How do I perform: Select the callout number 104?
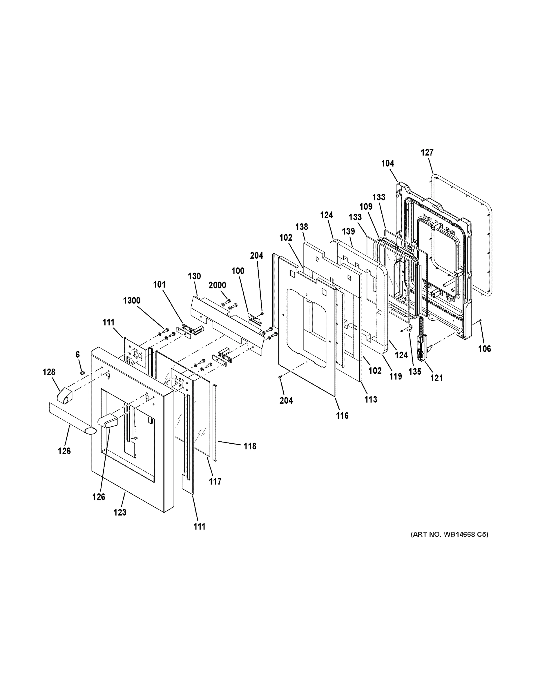[387, 164]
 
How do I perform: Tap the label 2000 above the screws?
[217, 285]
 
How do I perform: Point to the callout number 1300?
[132, 300]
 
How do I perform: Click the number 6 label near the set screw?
[77, 354]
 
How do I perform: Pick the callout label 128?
[49, 372]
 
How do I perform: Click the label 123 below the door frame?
[120, 512]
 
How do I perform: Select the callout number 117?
[215, 482]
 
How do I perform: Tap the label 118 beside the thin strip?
[250, 447]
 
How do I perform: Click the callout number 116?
[342, 416]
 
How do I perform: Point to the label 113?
[371, 399]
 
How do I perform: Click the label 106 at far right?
[484, 349]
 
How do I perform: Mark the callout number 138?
[302, 227]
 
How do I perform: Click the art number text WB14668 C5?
[449, 534]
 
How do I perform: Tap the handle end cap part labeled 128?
[65, 396]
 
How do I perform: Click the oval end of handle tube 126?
[90, 431]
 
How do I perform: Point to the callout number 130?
[194, 276]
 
